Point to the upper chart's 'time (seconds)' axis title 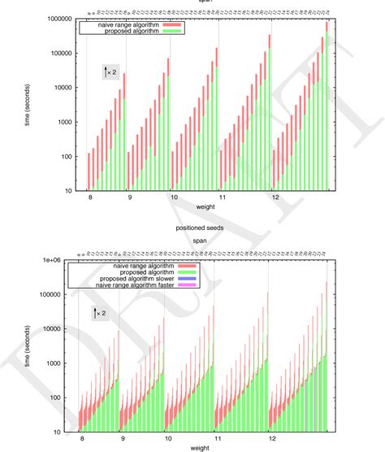point(30,104)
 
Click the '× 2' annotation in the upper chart point(113,73)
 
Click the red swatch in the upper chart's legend point(175,25)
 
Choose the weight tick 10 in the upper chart point(174,198)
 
